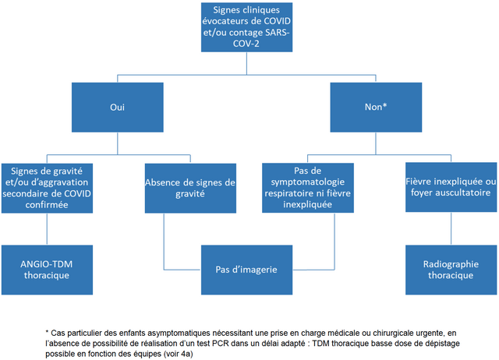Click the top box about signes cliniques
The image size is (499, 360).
pos(246,27)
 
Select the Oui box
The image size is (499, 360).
pos(118,108)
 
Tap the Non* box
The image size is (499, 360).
pos(376,108)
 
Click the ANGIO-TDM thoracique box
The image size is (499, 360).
pos(47,270)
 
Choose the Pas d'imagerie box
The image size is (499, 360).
pos(246,270)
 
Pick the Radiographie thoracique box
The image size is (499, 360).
pos(451,270)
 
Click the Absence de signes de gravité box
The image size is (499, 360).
pos(190,189)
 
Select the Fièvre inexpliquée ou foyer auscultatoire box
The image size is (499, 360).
pos(451,187)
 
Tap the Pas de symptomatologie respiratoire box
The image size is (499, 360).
pos(308,188)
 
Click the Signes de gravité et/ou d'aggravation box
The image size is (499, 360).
pos(47,189)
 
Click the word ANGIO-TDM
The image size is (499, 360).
pos(47,264)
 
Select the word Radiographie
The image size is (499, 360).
pos(451,264)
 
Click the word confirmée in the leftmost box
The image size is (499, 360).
pos(47,204)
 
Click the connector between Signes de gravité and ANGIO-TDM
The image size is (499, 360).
pos(47,229)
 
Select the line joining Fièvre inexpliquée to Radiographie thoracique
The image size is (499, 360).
pos(451,228)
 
